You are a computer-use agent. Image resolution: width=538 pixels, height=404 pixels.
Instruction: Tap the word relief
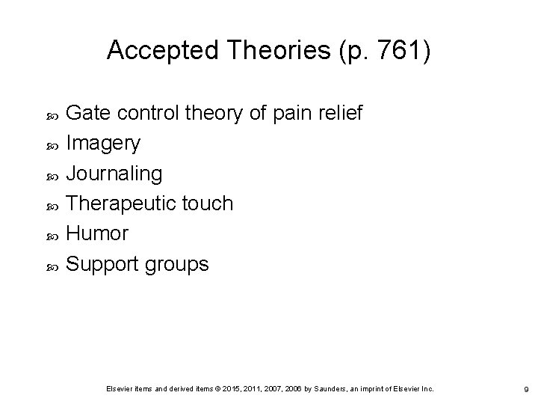pyautogui.click(x=342, y=114)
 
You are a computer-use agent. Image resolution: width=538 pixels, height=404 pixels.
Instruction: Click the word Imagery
pyautogui.click(x=103, y=143)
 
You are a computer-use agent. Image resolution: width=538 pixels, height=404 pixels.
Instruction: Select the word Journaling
pyautogui.click(x=114, y=174)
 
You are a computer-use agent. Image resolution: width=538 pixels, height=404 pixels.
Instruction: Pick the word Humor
pyautogui.click(x=97, y=233)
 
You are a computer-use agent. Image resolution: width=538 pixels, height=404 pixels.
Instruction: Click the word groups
pyautogui.click(x=180, y=265)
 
